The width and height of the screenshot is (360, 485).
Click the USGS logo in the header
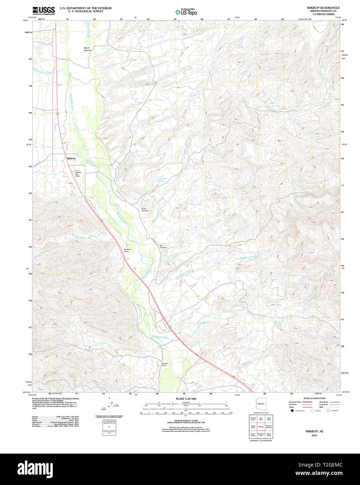point(43,10)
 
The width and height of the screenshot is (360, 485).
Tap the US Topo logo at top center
point(186,12)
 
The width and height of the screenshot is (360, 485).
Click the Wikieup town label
point(71,158)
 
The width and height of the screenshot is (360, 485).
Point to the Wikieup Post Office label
point(78,174)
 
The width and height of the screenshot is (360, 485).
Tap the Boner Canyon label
point(88,49)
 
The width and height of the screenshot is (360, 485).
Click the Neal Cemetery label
point(163,246)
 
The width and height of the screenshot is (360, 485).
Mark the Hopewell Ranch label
point(129,250)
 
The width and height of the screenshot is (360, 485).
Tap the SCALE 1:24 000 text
point(186,399)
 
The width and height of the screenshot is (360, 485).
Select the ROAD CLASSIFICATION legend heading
point(314,398)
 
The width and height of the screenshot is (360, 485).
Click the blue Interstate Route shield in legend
point(292,411)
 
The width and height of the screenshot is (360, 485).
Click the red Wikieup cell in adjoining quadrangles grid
point(261,426)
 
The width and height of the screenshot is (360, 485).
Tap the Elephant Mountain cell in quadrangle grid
point(269,426)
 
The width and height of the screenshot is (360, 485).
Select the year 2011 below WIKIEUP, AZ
point(314,436)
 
